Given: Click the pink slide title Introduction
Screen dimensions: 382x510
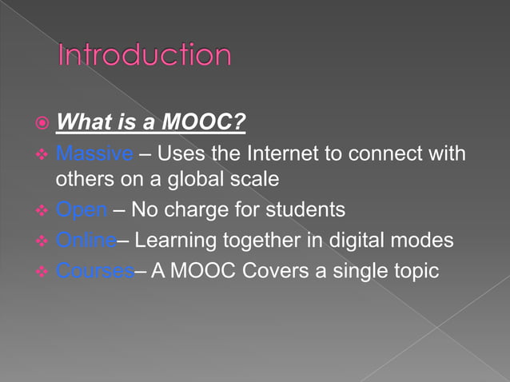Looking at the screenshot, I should [145, 56].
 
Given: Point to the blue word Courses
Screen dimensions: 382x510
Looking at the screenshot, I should [95, 271].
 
